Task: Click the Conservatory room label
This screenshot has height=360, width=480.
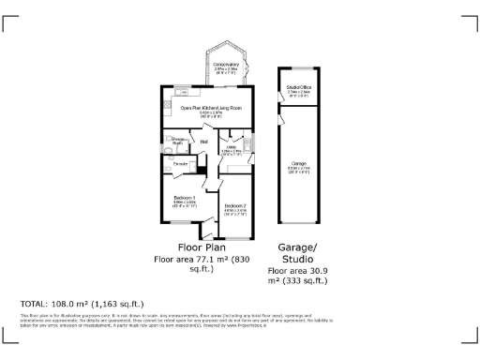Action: pyautogui.click(x=225, y=65)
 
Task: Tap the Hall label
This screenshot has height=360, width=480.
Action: pyautogui.click(x=203, y=142)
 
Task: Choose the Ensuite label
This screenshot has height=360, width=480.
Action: pyautogui.click(x=180, y=164)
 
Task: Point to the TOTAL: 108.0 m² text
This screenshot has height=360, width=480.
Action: pyautogui.click(x=82, y=304)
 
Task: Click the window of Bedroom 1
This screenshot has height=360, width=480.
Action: pyautogui.click(x=184, y=223)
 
